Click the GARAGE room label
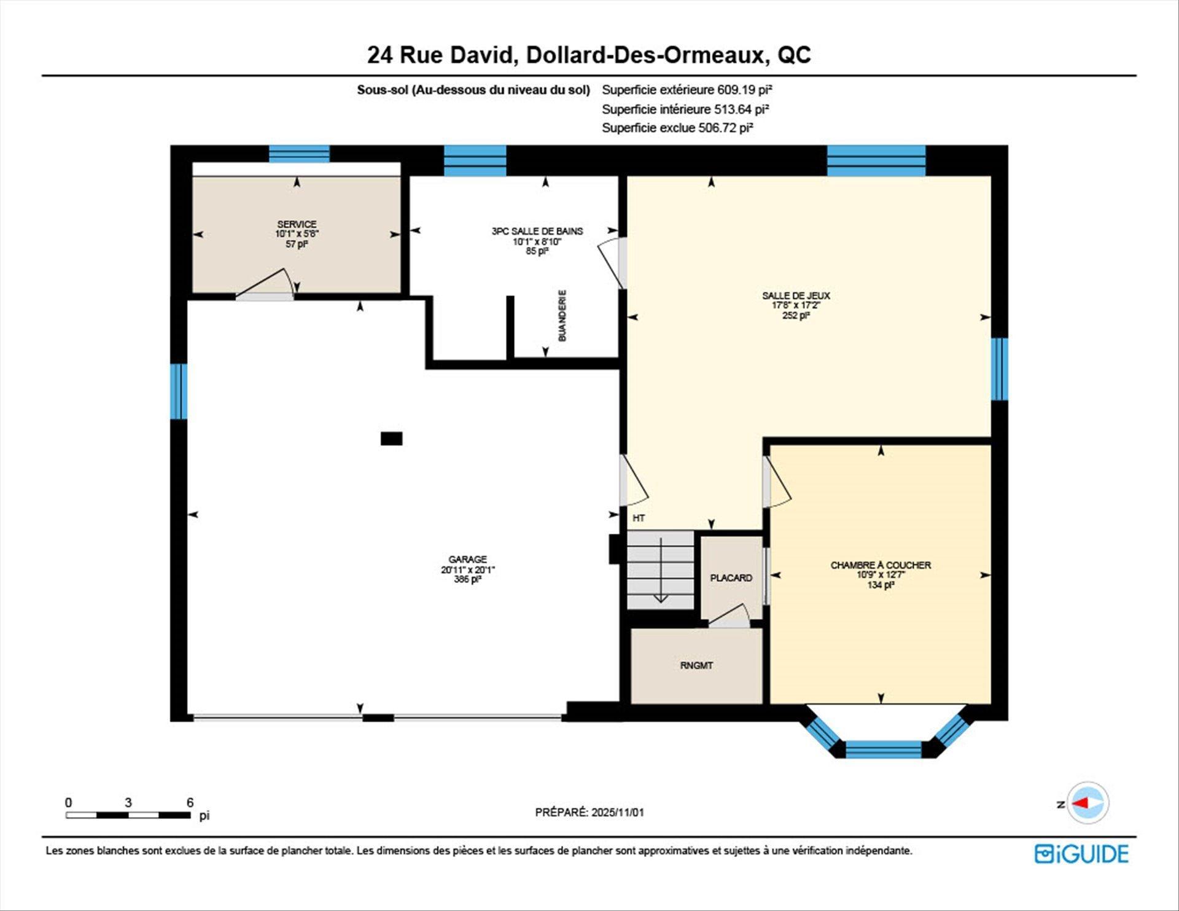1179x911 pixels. (467, 560)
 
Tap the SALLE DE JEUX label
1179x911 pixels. (796, 295)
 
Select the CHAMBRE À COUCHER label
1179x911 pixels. (881, 565)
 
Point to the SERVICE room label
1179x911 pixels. (297, 224)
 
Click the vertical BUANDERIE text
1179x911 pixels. (562, 316)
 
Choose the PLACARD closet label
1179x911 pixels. (731, 578)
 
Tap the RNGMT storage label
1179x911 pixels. (696, 665)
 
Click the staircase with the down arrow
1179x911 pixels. (660, 570)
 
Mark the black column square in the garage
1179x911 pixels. (391, 439)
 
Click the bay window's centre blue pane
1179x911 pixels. (883, 749)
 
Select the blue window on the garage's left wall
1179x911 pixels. (178, 391)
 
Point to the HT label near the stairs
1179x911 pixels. (639, 518)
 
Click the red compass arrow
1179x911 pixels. (1080, 803)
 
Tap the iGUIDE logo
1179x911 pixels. (1081, 854)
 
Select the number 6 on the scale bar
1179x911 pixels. (190, 802)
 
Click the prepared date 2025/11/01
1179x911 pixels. (617, 812)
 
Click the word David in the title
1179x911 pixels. (480, 55)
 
